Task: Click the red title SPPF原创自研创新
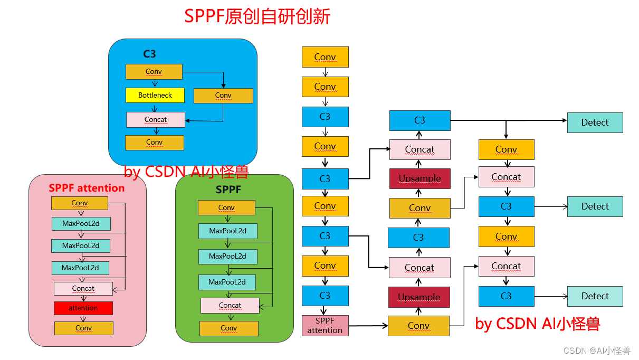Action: coord(257,16)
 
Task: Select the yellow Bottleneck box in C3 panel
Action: coord(155,96)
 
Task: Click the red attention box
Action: coord(83,308)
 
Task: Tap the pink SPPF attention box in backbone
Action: coord(325,326)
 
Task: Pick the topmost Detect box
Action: coord(595,122)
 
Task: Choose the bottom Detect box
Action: coord(595,296)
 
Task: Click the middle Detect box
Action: coord(595,206)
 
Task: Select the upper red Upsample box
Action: coord(419,178)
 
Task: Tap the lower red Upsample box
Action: coord(419,297)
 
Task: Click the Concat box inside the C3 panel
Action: coord(156,120)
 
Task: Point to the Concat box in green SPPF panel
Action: coord(230,306)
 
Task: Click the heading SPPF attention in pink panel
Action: coord(87,188)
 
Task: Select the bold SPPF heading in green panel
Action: coord(228,189)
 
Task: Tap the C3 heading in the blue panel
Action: coord(149,54)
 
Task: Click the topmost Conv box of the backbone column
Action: coord(325,57)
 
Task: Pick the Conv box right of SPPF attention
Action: coord(418,326)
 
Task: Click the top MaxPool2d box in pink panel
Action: coord(81,224)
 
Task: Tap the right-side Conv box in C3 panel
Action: coord(223,96)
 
